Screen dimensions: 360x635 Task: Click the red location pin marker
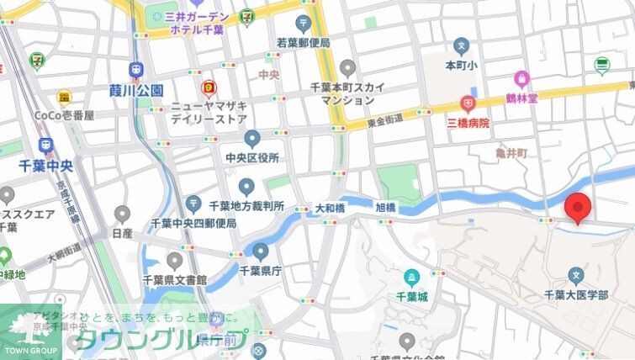click(x=577, y=206)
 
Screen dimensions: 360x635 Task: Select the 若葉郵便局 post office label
click(x=303, y=43)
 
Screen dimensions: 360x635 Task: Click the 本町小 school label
click(x=460, y=64)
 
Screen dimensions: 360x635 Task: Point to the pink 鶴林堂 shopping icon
click(x=521, y=80)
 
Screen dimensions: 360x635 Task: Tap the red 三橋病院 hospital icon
click(x=467, y=104)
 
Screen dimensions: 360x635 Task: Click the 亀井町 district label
click(x=511, y=154)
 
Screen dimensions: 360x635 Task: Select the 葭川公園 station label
click(x=135, y=89)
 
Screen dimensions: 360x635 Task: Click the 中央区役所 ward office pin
click(x=252, y=139)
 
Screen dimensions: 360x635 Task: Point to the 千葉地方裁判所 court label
click(x=246, y=205)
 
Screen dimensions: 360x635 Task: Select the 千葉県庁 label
click(x=260, y=270)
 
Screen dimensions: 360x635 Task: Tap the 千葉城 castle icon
click(x=411, y=276)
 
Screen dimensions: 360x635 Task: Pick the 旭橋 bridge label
click(x=384, y=206)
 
